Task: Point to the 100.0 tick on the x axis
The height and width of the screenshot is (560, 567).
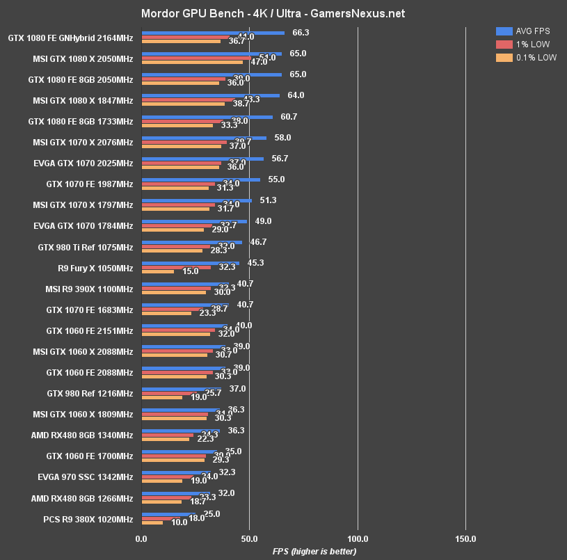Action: tap(358, 538)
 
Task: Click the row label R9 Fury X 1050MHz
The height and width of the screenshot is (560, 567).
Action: tap(95, 268)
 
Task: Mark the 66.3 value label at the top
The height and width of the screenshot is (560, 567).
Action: tap(301, 32)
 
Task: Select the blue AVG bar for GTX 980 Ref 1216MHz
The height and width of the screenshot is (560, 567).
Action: tap(181, 389)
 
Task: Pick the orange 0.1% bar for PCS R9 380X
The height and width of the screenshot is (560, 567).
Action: tap(152, 523)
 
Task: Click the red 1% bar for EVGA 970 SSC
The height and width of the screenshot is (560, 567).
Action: tap(167, 477)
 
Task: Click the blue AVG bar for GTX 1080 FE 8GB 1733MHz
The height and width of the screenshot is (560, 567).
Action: tap(207, 117)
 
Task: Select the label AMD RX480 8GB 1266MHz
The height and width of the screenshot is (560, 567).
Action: tap(82, 498)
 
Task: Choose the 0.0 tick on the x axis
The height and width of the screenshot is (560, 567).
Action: tap(141, 538)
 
